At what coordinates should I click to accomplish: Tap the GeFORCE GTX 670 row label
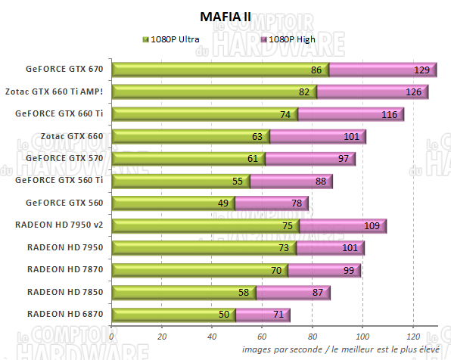(64, 70)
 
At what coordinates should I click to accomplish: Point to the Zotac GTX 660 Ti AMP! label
(64, 92)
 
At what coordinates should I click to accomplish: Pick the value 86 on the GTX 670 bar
(317, 70)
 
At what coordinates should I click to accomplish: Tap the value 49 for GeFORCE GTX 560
(223, 203)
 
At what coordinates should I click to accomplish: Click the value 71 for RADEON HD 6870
(278, 315)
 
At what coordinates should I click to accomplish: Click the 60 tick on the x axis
(262, 337)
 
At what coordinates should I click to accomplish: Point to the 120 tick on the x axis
(412, 337)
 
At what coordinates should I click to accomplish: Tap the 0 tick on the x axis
(112, 337)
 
